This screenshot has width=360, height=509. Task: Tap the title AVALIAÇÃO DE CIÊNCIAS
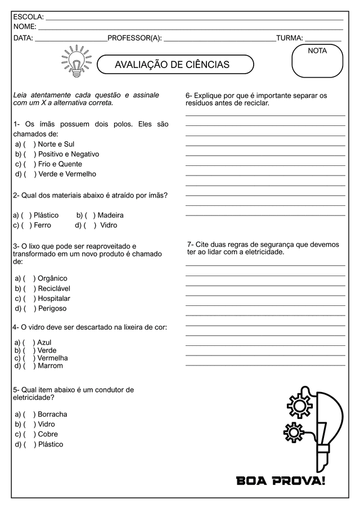coord(172,65)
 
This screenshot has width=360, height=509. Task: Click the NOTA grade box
coord(317,61)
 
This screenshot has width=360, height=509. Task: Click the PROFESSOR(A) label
coord(134,38)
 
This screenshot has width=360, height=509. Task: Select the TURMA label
coord(289,38)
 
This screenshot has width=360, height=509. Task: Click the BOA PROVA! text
coord(281,481)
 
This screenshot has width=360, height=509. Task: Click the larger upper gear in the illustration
coord(299,404)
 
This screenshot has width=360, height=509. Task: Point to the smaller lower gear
coord(293,433)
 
